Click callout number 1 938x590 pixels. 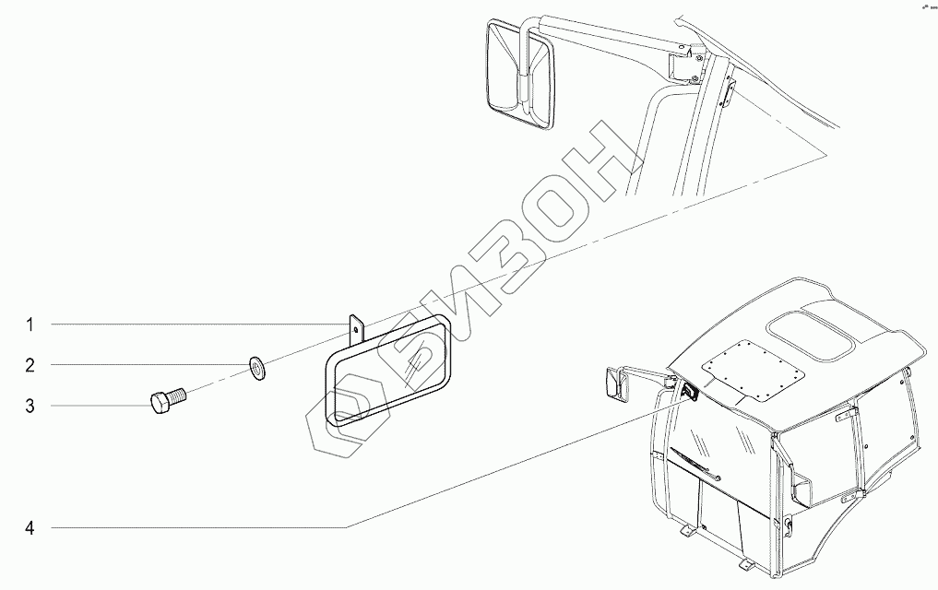(30, 324)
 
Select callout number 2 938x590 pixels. (30, 366)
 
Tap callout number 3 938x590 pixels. (30, 405)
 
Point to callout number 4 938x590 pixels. (30, 528)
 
